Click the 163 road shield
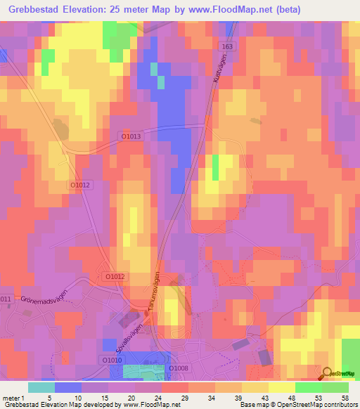pyautogui.click(x=226, y=46)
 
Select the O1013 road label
pyautogui.click(x=131, y=137)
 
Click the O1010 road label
pyautogui.click(x=112, y=360)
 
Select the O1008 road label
pyautogui.click(x=176, y=367)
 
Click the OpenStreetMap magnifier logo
pyautogui.click(x=327, y=372)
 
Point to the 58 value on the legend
pyautogui.click(x=345, y=397)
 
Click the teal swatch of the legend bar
pyautogui.click(x=41, y=387)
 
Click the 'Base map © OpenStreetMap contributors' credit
pyautogui.click(x=298, y=405)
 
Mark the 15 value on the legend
pyautogui.click(x=104, y=397)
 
